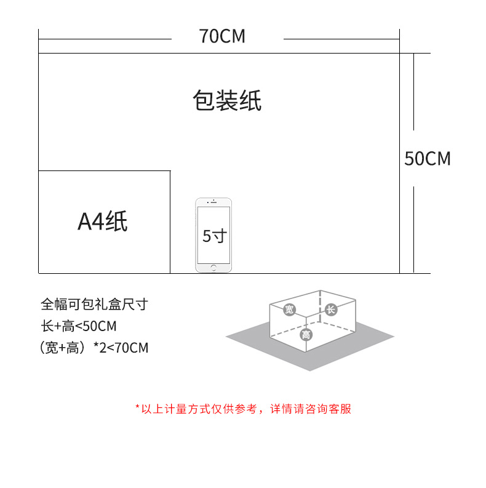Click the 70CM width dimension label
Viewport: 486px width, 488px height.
click(222, 36)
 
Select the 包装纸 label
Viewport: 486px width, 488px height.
click(227, 101)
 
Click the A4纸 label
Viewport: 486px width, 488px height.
click(103, 222)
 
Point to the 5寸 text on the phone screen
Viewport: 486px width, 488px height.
click(214, 236)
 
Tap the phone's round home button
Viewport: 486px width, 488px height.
click(213, 268)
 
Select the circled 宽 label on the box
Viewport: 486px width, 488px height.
click(289, 310)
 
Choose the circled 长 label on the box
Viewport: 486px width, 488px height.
click(330, 310)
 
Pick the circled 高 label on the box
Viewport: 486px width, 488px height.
click(305, 334)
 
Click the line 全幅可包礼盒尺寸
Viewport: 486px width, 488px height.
click(94, 304)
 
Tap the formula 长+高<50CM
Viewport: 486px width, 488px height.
click(78, 326)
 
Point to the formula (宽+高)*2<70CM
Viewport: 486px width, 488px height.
click(94, 348)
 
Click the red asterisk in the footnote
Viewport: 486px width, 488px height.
click(137, 408)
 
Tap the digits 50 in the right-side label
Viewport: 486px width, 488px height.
click(414, 159)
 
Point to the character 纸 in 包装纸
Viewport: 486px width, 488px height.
click(250, 101)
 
